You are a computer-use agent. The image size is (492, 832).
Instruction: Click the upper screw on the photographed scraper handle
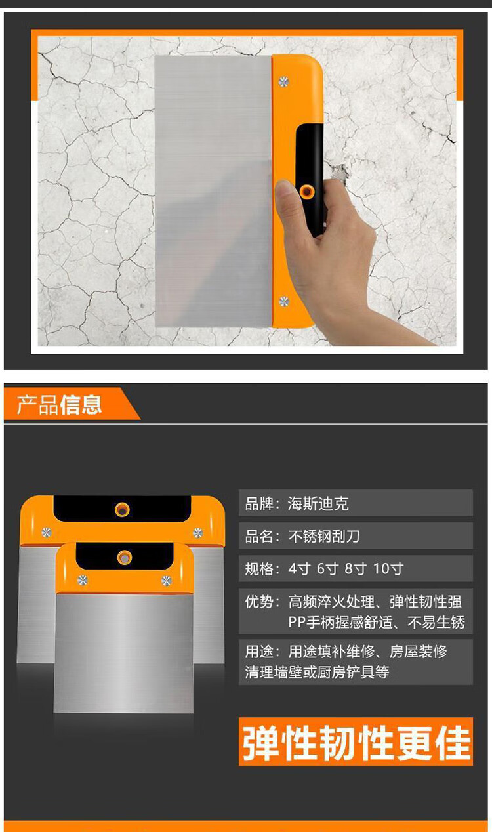click(x=283, y=81)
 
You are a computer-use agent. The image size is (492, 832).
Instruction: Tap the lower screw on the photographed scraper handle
click(x=284, y=301)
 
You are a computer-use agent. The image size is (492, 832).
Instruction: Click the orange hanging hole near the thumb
click(x=307, y=192)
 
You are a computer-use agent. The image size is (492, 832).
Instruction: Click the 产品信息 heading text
click(x=59, y=404)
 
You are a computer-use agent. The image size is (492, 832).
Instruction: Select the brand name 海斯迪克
click(x=318, y=504)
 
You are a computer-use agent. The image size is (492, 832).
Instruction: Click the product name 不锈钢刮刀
click(x=324, y=536)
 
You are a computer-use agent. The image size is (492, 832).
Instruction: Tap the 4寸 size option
click(x=299, y=569)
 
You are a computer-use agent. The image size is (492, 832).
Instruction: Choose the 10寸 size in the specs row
click(x=388, y=569)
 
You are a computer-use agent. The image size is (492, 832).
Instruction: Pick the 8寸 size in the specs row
click(x=356, y=569)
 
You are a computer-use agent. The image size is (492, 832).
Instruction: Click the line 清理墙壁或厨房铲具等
click(x=317, y=672)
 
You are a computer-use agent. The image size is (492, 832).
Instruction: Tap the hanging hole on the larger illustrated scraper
click(x=122, y=509)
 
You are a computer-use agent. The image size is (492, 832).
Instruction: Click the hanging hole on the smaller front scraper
click(x=125, y=558)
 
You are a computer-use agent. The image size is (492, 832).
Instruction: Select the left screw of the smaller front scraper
click(x=83, y=580)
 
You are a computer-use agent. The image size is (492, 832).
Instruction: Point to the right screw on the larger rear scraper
click(x=197, y=533)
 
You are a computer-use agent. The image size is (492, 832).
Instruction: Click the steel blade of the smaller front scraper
click(x=123, y=653)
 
